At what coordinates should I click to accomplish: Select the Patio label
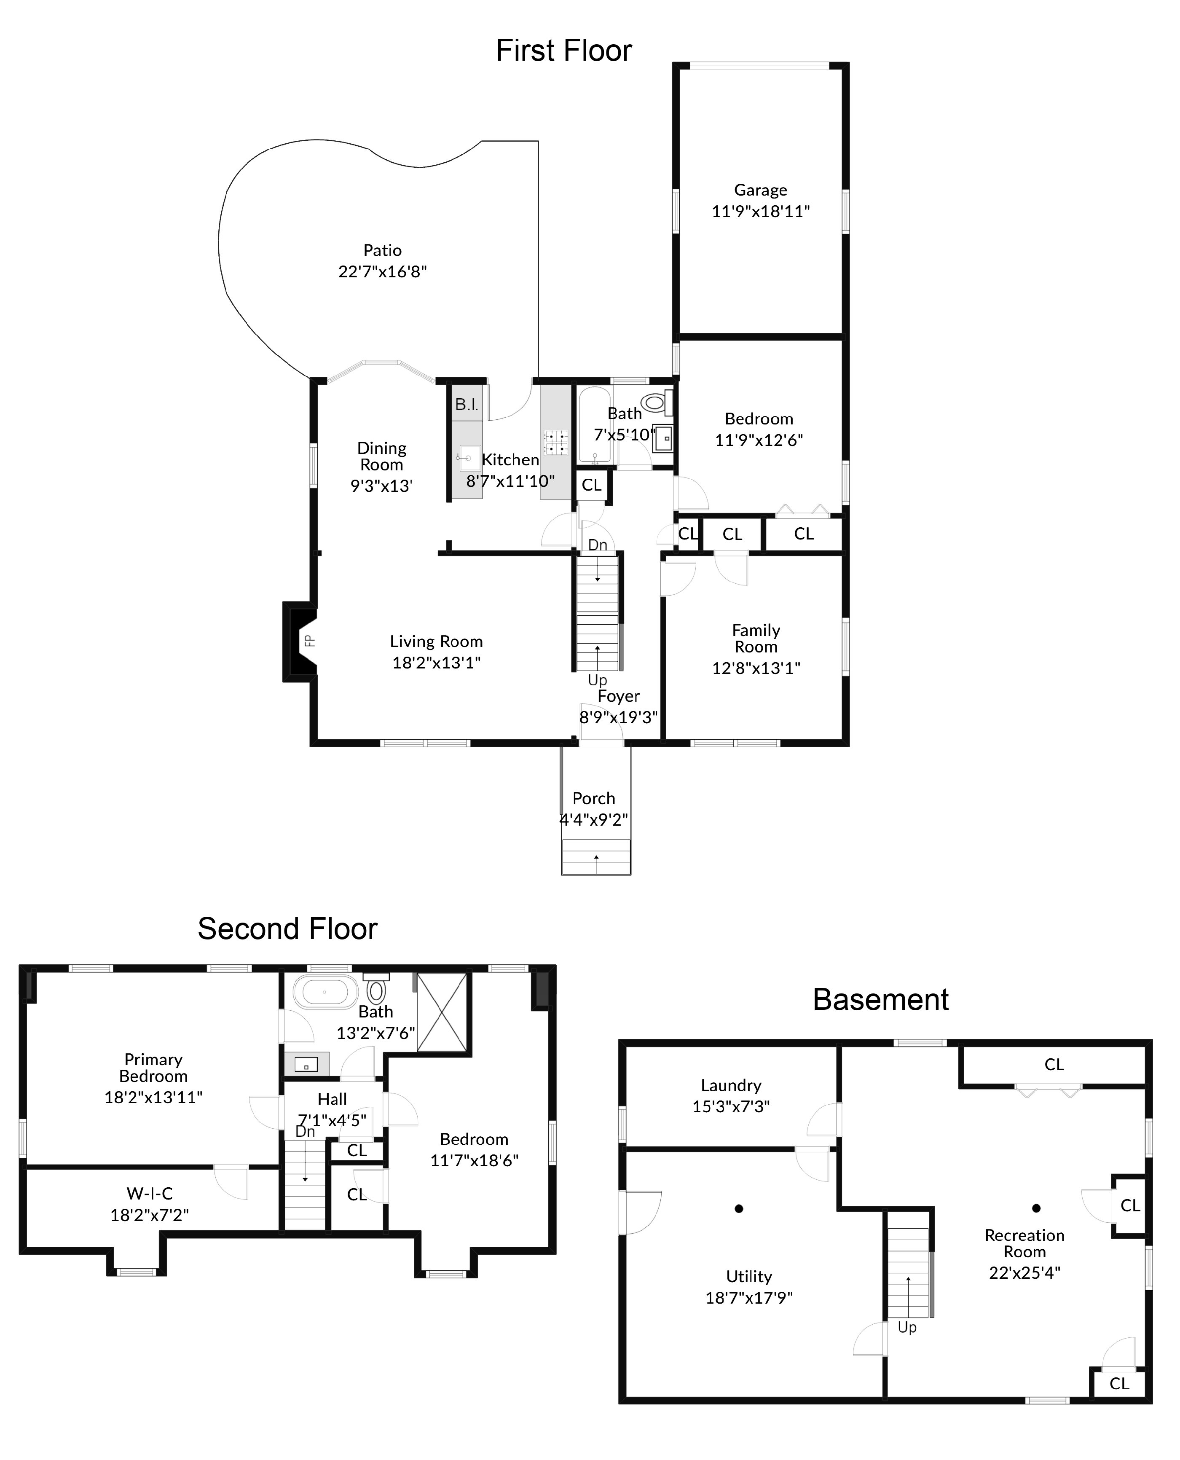(382, 250)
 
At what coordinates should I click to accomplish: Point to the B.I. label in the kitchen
(466, 405)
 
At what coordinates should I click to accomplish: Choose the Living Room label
(436, 641)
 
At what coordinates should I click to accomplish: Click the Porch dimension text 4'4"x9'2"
(593, 820)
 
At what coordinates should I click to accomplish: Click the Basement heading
(880, 999)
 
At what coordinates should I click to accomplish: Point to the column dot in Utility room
(739, 1208)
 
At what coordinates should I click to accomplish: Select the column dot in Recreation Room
(1036, 1208)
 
